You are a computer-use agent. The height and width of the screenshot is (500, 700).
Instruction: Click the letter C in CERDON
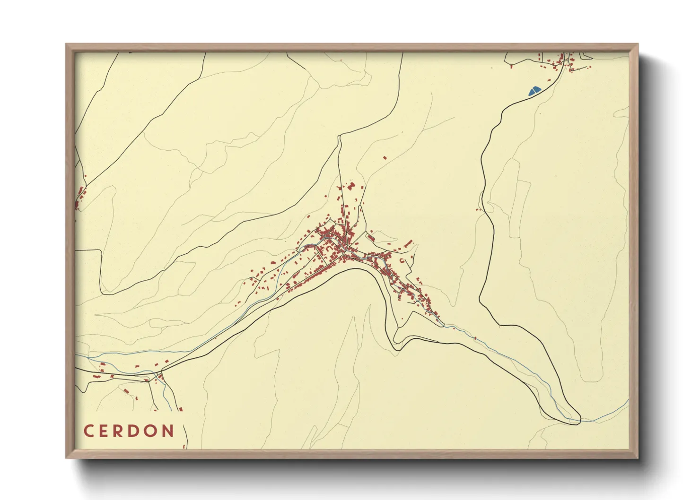coord(88,431)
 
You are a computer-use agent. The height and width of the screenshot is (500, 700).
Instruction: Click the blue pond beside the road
coord(534,90)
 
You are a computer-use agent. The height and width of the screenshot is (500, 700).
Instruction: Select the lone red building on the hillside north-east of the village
coord(385,157)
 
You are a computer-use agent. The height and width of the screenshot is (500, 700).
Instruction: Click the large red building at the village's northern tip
coord(350,186)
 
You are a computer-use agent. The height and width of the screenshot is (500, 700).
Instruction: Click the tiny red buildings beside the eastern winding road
coord(479,209)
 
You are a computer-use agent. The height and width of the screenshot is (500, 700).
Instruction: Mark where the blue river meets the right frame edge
coord(628,401)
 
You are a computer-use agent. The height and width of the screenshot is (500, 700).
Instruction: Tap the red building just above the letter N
coord(181,409)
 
